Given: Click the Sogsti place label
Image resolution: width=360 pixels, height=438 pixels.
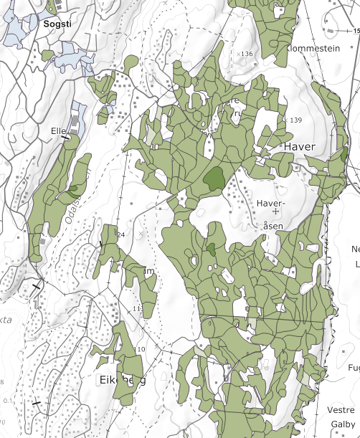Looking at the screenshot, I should click(57, 24).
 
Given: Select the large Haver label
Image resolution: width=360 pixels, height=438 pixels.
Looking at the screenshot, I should click(299, 146).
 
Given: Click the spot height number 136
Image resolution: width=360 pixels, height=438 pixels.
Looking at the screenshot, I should click(248, 54).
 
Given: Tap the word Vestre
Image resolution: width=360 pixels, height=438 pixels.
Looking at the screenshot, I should click(341, 409).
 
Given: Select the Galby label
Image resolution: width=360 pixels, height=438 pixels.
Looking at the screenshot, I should click(344, 423).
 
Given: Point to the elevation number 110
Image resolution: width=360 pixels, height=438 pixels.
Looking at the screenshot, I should click(140, 349).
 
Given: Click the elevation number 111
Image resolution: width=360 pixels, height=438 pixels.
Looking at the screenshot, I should click(138, 308).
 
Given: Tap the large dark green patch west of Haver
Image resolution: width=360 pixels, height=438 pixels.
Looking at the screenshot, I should click(214, 178).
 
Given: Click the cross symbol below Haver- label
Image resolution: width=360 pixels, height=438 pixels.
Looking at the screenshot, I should click(275, 213).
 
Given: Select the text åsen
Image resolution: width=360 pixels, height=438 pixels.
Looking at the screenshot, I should click(274, 226).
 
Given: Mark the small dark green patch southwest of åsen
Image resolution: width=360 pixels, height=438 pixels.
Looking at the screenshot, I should click(212, 249).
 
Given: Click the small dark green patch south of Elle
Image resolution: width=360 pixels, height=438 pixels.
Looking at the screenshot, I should click(74, 189).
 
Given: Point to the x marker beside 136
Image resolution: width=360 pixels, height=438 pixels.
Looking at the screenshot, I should click(239, 54).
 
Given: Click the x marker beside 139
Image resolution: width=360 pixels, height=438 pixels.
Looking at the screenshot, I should click(287, 120).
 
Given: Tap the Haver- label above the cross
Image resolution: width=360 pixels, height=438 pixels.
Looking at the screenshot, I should click(270, 203).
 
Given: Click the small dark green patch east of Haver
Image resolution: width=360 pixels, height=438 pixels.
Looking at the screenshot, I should click(344, 154).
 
